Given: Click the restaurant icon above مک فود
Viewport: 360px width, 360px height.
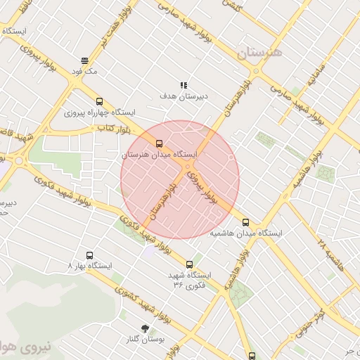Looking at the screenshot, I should point(84,60).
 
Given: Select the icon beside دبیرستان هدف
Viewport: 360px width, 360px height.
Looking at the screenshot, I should point(184,85).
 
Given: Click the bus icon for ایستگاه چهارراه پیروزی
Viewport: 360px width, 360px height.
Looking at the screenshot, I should point(99,101).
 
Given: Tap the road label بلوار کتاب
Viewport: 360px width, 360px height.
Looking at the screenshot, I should point(105,129).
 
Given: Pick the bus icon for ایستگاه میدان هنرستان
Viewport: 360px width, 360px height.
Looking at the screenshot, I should point(159,143).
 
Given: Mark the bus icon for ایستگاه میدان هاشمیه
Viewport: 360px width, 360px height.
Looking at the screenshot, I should point(245,222).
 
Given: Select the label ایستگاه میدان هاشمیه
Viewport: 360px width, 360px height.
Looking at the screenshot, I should point(245,233).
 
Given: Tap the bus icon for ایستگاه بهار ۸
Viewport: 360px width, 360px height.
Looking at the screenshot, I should point(89,255).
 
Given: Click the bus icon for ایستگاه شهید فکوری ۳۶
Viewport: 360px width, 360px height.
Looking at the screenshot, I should point(189,264).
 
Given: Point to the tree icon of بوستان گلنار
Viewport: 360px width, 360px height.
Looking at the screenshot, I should point(145,328).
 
